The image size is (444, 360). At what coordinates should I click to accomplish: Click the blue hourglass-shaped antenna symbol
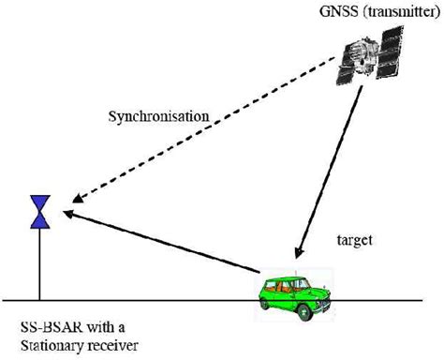tap(39, 212)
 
